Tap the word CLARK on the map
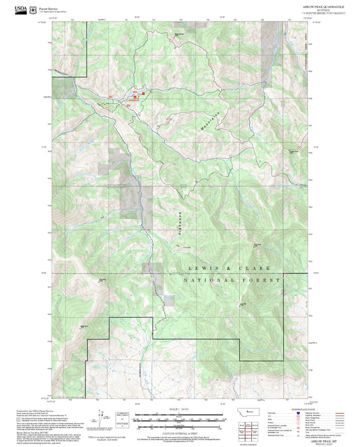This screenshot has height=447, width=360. [259, 267]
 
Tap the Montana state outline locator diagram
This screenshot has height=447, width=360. [252, 413]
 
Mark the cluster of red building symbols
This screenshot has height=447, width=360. [135, 98]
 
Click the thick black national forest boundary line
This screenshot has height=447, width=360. [196, 337]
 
